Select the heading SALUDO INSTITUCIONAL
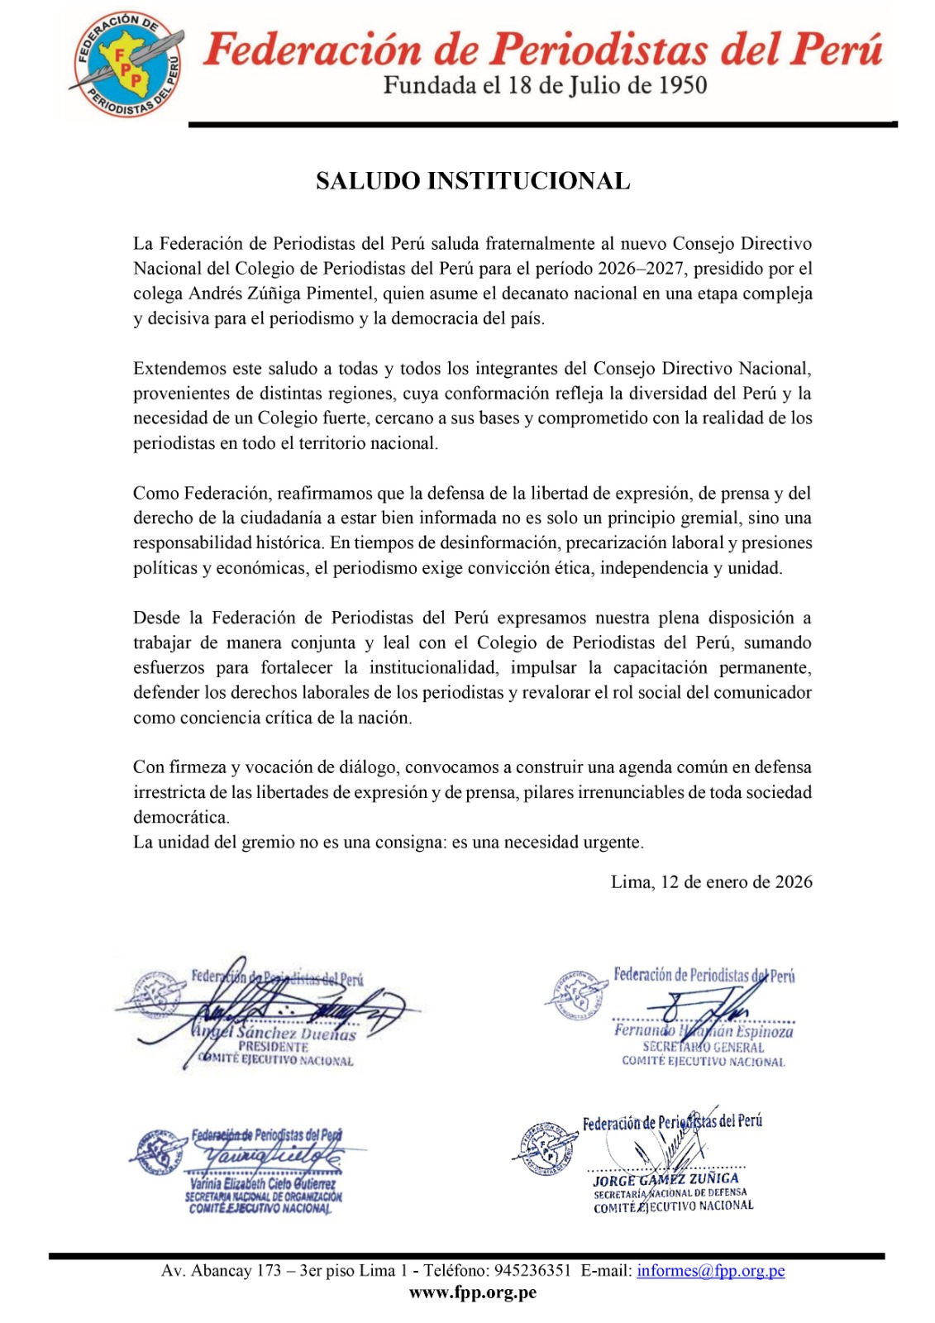473,181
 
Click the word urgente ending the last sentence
612,843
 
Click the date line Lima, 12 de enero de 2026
711,882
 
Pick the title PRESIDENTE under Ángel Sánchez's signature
273,1047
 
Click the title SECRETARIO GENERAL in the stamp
704,1047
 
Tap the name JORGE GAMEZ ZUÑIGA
666,1178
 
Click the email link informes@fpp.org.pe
710,1271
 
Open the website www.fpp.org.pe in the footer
473,1292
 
